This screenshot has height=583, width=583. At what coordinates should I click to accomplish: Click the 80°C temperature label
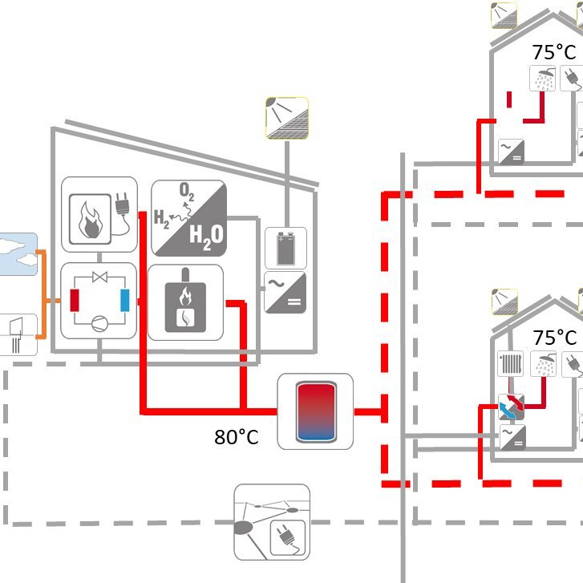236,437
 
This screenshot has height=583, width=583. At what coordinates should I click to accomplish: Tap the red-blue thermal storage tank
316,411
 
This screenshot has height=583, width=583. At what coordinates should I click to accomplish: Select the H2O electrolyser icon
189,218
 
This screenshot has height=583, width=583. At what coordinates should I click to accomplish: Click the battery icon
286,248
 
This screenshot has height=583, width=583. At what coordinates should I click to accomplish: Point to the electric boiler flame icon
90,219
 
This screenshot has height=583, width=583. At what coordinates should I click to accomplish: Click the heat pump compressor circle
99,323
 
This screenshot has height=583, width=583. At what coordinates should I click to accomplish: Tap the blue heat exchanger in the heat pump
125,300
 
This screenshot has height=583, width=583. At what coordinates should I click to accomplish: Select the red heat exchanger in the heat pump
75,300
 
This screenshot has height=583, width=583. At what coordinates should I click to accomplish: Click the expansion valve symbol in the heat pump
99,277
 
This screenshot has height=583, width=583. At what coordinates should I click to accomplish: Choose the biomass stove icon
185,302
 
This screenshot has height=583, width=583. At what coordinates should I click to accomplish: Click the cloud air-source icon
18,254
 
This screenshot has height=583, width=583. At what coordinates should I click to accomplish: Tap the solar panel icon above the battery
287,118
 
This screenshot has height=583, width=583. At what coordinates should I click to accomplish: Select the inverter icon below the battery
285,292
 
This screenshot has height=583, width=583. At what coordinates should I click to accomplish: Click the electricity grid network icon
272,522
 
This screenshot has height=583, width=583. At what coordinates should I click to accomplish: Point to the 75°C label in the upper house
553,52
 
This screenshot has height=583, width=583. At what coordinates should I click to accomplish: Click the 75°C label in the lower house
554,338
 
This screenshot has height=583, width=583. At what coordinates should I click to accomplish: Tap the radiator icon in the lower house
511,363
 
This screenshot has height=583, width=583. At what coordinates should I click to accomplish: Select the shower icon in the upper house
542,78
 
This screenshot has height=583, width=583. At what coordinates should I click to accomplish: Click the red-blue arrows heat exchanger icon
512,407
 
